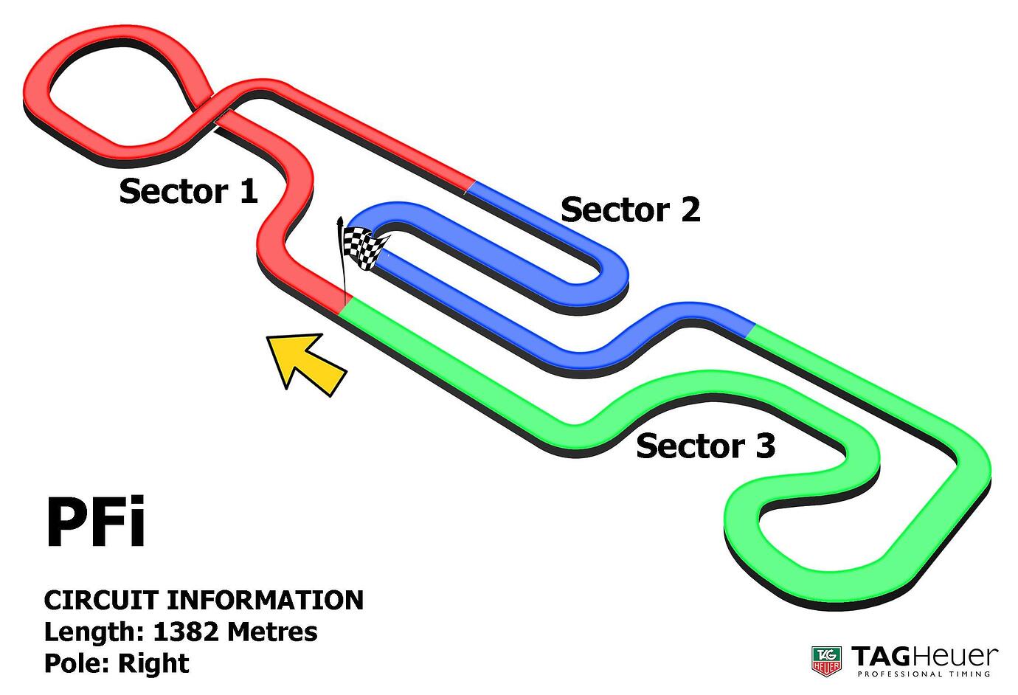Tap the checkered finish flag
364,248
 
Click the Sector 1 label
188,191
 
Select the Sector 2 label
630,210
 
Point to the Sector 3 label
705,446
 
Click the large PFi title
95,523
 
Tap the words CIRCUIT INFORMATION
204,600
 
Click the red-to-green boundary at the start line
344,304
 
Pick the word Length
93,632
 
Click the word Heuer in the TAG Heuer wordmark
962,656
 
